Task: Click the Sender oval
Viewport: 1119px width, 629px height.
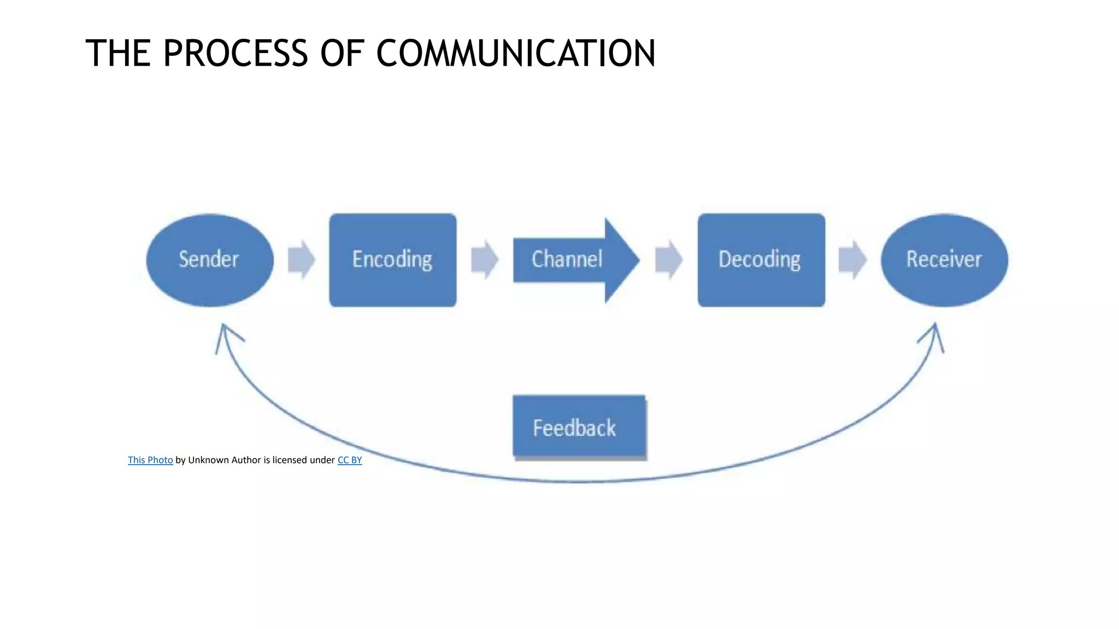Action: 210,260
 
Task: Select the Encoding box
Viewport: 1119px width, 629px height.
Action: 393,260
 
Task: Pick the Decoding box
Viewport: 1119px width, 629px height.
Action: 761,260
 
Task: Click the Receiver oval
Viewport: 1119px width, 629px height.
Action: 944,260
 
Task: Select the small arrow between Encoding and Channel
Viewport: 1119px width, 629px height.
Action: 485,260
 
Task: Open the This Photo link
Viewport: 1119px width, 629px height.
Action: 150,460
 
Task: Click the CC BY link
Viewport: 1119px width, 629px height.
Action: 350,460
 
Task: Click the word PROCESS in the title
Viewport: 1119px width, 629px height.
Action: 235,54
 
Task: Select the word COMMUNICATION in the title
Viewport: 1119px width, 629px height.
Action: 516,54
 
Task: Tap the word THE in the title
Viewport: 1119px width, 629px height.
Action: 118,54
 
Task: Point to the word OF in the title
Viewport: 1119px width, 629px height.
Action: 342,54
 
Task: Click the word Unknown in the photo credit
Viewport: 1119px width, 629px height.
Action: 208,460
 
